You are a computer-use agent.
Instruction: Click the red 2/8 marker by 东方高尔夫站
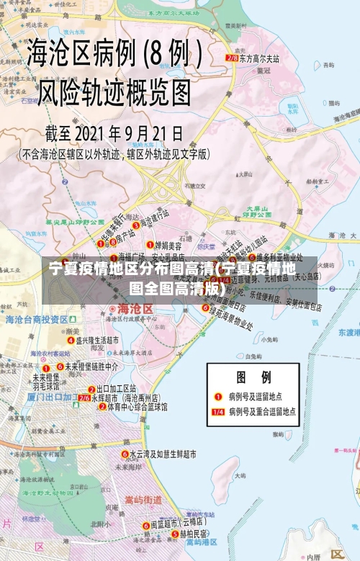pyautogui.click(x=231, y=58)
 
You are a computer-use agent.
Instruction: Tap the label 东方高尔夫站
pyautogui.click(x=259, y=58)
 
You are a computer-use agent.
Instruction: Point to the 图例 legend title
pyautogui.click(x=254, y=377)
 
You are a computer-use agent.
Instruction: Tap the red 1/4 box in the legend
pyautogui.click(x=218, y=412)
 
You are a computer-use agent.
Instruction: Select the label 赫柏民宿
pyautogui.click(x=193, y=534)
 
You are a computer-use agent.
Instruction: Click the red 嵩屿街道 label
pyautogui.click(x=144, y=500)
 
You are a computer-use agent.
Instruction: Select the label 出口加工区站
pyautogui.click(x=116, y=389)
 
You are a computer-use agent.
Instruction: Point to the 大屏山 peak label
pyautogui.click(x=256, y=209)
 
